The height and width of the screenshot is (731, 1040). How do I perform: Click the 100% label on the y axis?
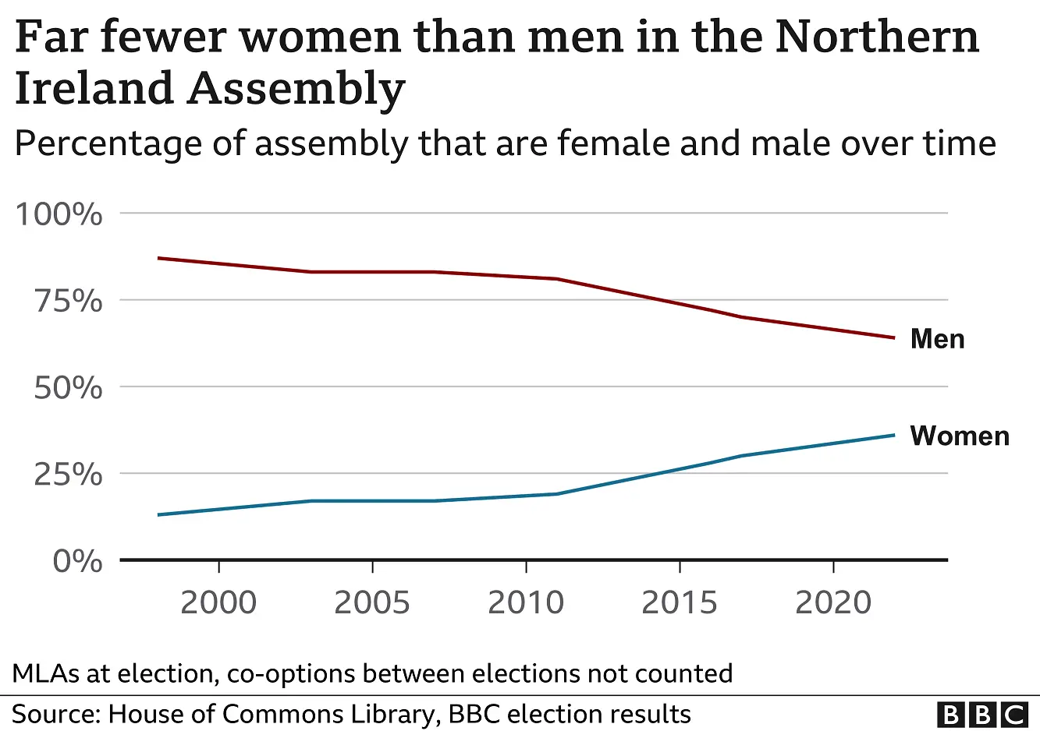(59, 214)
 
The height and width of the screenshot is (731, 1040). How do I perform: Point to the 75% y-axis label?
(68, 301)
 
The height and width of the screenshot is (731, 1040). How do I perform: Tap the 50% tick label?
(68, 387)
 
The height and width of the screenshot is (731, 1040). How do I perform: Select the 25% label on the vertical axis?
(68, 474)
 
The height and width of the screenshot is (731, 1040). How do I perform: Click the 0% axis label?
(77, 561)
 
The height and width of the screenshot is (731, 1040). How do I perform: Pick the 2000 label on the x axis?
(218, 603)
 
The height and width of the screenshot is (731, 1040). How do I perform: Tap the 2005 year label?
(372, 603)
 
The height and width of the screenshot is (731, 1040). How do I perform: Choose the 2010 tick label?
(526, 603)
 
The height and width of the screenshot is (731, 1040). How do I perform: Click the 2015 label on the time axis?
(680, 603)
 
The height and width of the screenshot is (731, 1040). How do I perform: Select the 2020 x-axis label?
(833, 603)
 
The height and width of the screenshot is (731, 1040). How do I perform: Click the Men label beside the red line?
(937, 339)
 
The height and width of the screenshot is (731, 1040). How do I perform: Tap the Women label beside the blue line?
(960, 436)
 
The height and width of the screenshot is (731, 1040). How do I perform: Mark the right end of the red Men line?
(893, 337)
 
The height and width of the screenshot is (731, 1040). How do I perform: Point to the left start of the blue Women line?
(158, 514)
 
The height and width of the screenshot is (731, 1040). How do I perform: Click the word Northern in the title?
(876, 37)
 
